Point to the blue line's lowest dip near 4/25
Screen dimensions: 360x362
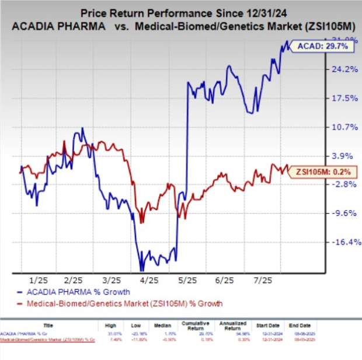point(141,270)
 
